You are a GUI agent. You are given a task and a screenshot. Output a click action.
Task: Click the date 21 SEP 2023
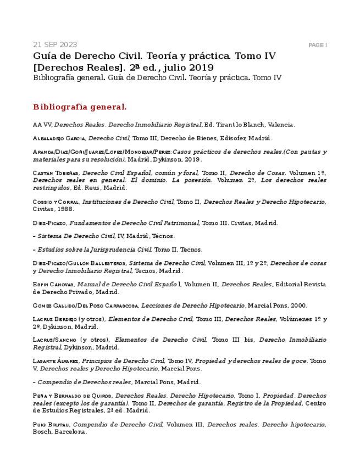coord(55,45)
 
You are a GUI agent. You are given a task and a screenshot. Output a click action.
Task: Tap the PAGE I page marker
coord(318,45)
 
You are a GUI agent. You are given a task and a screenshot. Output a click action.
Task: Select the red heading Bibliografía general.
coord(80,107)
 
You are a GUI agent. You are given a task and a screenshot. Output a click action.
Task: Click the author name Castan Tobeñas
coord(56,173)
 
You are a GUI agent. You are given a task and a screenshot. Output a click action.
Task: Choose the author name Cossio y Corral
coord(56,202)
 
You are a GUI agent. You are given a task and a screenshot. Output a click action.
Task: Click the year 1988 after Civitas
coord(65,209)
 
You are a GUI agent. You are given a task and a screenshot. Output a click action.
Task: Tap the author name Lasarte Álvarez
coord(56,362)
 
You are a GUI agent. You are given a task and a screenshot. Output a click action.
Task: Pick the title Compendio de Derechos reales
coord(84,382)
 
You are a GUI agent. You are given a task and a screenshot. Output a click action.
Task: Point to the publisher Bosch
coord(42,432)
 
